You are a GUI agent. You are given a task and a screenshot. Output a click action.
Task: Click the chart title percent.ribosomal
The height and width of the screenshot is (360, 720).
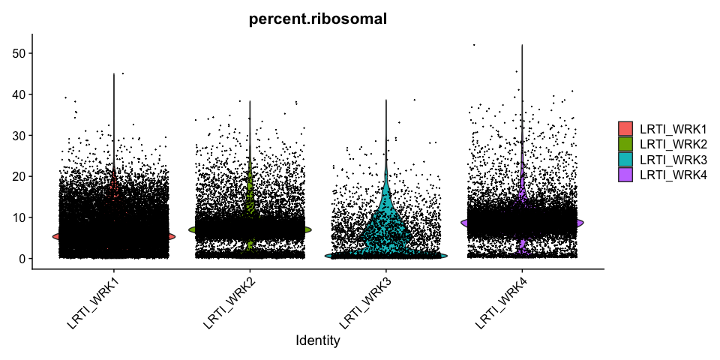click(x=318, y=20)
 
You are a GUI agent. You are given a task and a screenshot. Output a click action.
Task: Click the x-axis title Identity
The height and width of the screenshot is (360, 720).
click(x=318, y=341)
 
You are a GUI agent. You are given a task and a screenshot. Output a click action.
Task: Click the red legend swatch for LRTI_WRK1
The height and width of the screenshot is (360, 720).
click(x=625, y=128)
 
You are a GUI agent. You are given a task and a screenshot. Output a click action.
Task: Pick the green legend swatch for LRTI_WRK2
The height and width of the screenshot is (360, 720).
click(x=625, y=143)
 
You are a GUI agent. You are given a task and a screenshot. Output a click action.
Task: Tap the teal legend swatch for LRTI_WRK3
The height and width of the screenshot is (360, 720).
click(x=625, y=159)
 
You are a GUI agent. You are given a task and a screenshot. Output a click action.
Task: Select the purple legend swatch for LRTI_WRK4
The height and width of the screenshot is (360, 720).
click(x=625, y=175)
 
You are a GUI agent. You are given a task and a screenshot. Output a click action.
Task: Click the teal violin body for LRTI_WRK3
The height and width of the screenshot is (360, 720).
click(x=385, y=225)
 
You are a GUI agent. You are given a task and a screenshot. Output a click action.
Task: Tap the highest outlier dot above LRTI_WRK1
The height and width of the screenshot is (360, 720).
click(x=123, y=73)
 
